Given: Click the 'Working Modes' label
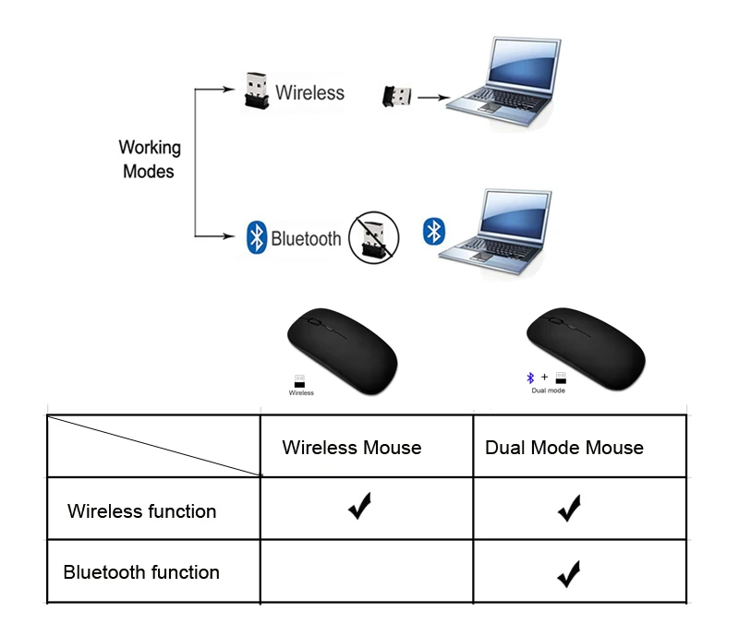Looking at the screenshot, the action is pos(150,159).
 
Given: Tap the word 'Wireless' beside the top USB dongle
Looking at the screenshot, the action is pos(309,92).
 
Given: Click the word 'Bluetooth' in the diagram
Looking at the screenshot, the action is pos(306,239).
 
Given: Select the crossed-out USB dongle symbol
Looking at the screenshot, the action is pos(374,237).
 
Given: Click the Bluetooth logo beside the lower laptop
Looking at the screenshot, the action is pos(433,232).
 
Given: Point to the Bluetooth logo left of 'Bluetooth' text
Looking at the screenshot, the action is pos(257,237).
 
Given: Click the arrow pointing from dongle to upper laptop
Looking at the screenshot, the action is pos(433,98).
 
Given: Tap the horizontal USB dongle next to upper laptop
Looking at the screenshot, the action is pos(396,97).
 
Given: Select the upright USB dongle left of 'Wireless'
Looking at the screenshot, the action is pos(257,90).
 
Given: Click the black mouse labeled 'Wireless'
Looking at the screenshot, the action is pos(343,351).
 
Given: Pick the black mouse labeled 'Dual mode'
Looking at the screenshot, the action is pos(587,349).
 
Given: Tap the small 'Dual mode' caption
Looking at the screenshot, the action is pos(548,390).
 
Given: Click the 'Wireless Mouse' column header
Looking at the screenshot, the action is pos(352,448).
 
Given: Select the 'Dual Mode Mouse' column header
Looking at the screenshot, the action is pos(564,448).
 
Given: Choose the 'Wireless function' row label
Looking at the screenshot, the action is pos(142,511).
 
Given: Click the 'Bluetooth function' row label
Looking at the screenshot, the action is pos(141,572).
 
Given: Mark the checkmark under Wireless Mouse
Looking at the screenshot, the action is pos(360,506).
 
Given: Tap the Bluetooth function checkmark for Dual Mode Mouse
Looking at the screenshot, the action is pos(569,574).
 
